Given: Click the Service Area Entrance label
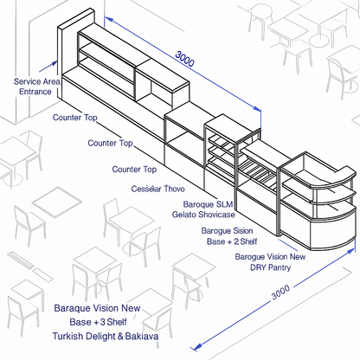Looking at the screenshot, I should [x=37, y=86].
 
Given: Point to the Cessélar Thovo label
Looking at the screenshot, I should [x=157, y=189].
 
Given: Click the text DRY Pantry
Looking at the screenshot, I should [x=270, y=267].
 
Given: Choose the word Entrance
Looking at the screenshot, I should [x=35, y=91].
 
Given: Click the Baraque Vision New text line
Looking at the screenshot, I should [x=97, y=308].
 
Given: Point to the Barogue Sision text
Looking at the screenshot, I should [x=227, y=231].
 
